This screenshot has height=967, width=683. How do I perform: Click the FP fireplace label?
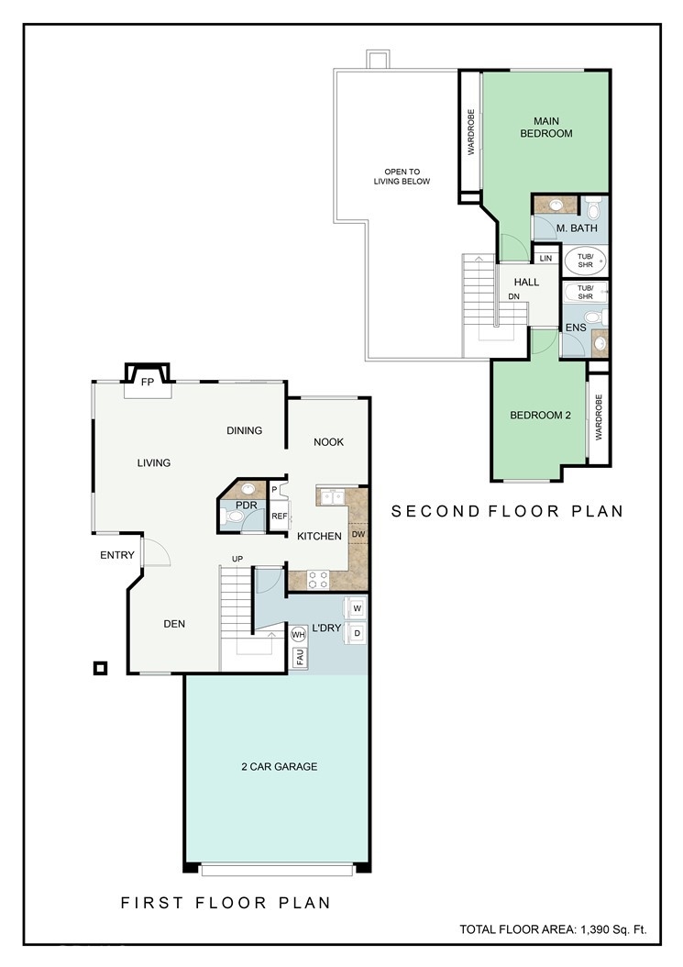pyautogui.click(x=148, y=383)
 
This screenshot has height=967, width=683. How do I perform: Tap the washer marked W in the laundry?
pyautogui.click(x=357, y=608)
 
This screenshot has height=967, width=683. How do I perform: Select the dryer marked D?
pyautogui.click(x=357, y=633)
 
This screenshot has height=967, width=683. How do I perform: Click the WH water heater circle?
pyautogui.click(x=298, y=634)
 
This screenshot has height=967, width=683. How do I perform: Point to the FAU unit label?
pyautogui.click(x=300, y=658)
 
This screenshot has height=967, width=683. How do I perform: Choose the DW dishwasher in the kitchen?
pyautogui.click(x=358, y=534)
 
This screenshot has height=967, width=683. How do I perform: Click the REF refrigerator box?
pyautogui.click(x=280, y=516)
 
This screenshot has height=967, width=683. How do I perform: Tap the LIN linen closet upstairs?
pyautogui.click(x=545, y=259)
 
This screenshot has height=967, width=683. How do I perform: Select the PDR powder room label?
pyautogui.click(x=247, y=506)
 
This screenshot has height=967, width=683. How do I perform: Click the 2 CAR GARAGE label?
pyautogui.click(x=280, y=767)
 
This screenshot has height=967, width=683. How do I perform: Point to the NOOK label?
pyautogui.click(x=328, y=441)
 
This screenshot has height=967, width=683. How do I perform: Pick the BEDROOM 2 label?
pyautogui.click(x=540, y=415)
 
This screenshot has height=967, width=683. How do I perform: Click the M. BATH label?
pyautogui.click(x=577, y=228)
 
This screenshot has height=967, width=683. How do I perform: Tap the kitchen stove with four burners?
pyautogui.click(x=318, y=579)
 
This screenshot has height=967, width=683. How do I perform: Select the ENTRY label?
pyautogui.click(x=117, y=555)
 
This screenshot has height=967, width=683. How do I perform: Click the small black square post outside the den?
pyautogui.click(x=100, y=668)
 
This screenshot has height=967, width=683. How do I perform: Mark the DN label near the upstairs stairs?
pyautogui.click(x=513, y=296)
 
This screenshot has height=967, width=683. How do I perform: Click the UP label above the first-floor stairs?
pyautogui.click(x=237, y=559)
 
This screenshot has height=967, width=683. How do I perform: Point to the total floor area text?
pyautogui.click(x=553, y=929)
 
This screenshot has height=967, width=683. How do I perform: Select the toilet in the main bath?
pyautogui.click(x=593, y=208)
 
